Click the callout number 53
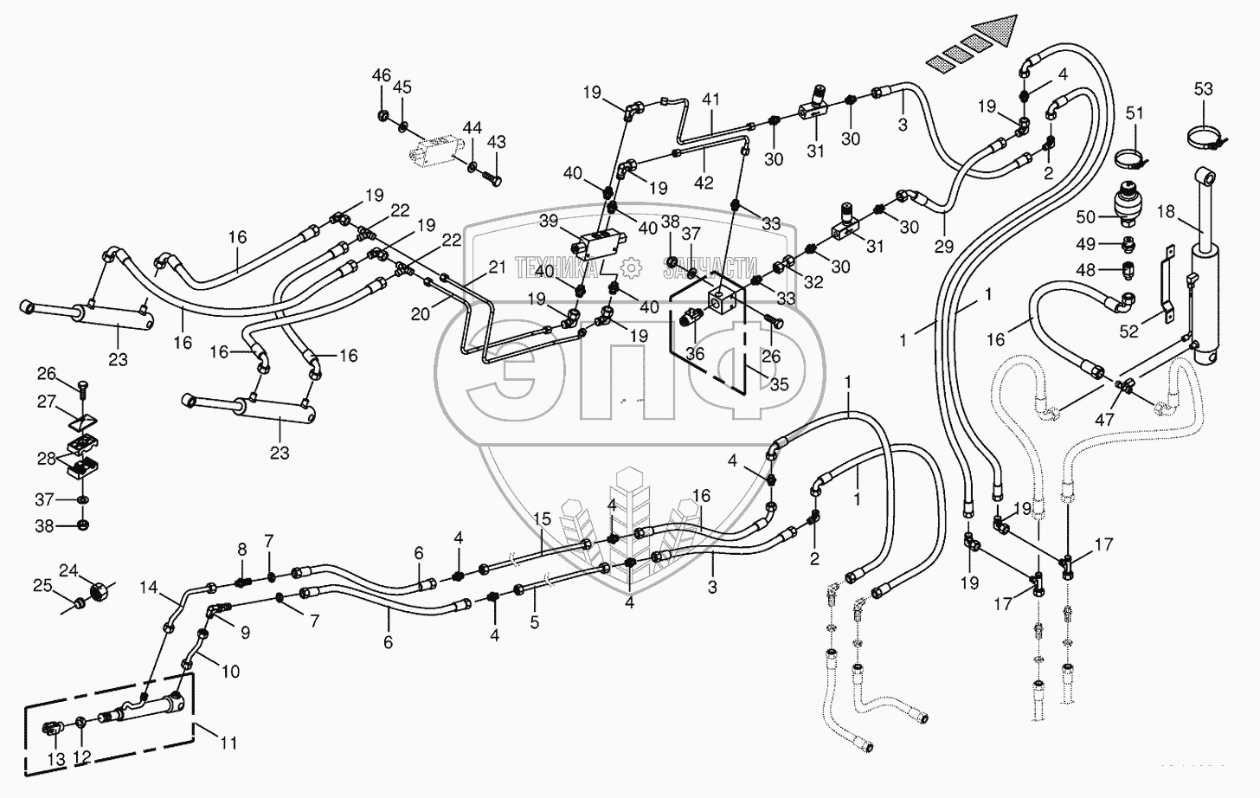click(1204, 89)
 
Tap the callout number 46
click(382, 76)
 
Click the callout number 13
click(55, 759)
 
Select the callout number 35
click(779, 385)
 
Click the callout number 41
click(710, 100)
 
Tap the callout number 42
click(704, 182)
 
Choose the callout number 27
click(46, 402)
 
